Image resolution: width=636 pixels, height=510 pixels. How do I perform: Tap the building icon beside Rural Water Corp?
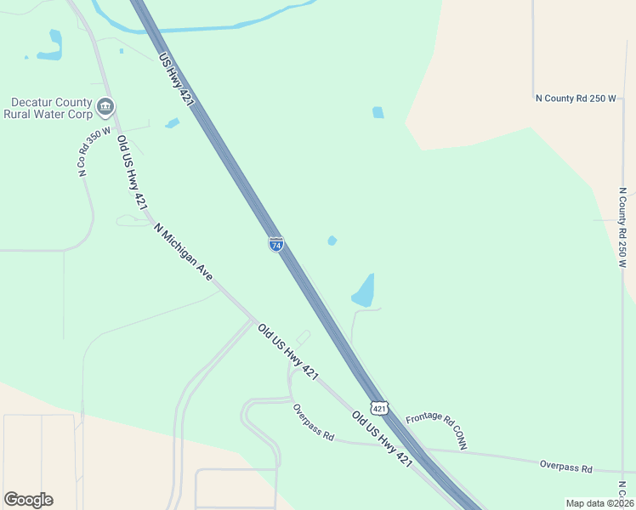(105, 107)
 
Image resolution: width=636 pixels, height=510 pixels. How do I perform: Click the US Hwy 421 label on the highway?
(177, 80)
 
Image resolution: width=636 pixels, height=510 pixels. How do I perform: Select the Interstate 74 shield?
(276, 244)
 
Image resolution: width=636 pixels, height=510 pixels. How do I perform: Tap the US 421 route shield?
(379, 408)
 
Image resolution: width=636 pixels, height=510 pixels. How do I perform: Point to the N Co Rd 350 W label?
(82, 152)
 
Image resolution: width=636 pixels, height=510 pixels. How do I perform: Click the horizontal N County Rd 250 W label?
(576, 99)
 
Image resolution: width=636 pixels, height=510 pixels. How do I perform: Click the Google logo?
(28, 500)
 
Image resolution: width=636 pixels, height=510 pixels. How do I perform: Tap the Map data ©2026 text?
(599, 503)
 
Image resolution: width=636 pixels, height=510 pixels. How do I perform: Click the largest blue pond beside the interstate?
(363, 292)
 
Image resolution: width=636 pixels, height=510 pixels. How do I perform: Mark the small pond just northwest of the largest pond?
(332, 241)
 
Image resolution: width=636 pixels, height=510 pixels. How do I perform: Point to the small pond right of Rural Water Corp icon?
(173, 123)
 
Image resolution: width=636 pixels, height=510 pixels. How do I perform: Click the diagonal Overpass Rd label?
(313, 422)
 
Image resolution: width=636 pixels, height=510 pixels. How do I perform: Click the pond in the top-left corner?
(52, 47)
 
